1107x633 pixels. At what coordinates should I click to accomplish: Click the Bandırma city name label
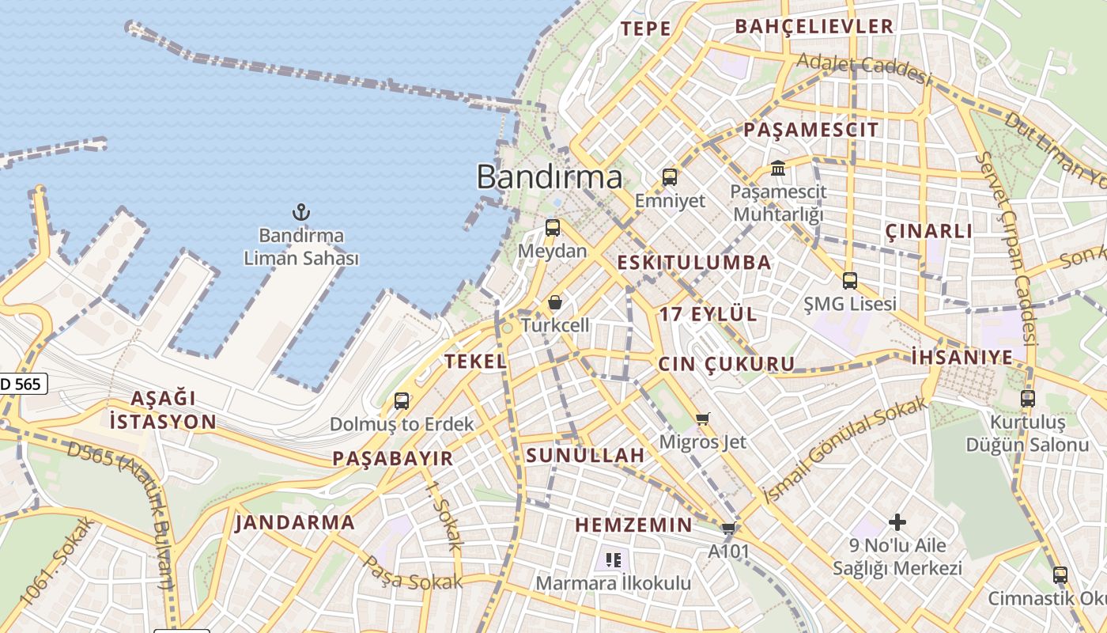pos(550,176)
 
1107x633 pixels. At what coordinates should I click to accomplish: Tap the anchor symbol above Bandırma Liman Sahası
pos(300,212)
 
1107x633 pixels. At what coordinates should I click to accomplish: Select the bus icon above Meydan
pos(553,228)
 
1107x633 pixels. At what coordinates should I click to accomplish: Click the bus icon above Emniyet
pos(670,177)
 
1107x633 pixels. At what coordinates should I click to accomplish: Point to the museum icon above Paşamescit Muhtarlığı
pos(778,168)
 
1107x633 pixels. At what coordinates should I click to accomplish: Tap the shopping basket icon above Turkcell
pos(555,302)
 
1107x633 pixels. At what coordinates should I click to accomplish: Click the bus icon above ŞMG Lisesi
pos(850,280)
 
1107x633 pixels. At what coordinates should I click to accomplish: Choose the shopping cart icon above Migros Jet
pos(703,419)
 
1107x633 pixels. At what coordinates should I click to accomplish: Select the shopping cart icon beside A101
pos(728,529)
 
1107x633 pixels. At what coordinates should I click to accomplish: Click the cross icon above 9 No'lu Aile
pos(897,522)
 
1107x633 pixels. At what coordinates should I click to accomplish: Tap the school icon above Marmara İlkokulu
pos(613,560)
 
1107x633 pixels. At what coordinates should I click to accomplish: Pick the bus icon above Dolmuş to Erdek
pos(402,401)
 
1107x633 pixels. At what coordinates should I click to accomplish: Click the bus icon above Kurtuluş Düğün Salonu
pos(1028,399)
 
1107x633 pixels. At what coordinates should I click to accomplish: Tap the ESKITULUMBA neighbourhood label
pos(693,263)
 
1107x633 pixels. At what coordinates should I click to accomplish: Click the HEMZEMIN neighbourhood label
pos(633,525)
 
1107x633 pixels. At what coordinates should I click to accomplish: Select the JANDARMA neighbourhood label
pos(295,522)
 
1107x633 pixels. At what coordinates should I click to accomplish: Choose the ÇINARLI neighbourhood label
pos(928,231)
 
